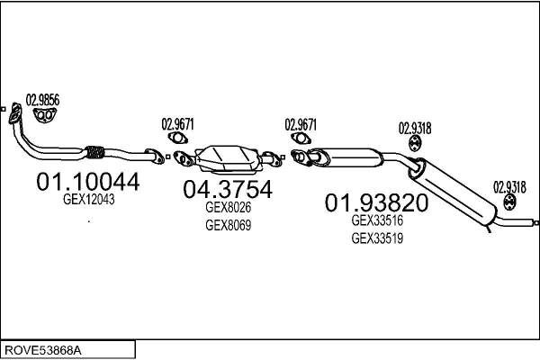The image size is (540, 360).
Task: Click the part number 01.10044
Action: click(x=88, y=182)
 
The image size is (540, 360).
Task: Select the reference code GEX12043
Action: click(x=89, y=200)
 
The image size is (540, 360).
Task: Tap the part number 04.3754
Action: click(x=228, y=189)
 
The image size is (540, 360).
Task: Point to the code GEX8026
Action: click(x=228, y=207)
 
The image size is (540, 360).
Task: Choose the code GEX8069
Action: click(x=228, y=225)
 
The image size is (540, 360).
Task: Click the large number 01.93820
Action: click(x=376, y=202)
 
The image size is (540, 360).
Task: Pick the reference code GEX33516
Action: click(x=377, y=220)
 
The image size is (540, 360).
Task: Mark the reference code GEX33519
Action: click(x=377, y=238)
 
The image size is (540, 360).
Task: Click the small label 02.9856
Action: click(x=42, y=100)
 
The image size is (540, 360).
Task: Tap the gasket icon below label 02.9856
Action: click(x=44, y=115)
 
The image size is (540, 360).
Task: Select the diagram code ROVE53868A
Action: click(x=43, y=350)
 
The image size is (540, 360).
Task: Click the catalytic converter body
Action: click(x=228, y=158)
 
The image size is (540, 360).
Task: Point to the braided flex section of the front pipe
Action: click(x=94, y=152)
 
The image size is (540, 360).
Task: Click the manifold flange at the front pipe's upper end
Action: click(x=14, y=113)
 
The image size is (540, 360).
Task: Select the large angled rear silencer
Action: click(x=453, y=191)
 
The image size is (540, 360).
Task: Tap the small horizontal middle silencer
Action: click(x=352, y=157)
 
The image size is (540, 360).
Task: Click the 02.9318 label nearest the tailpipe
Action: click(x=509, y=188)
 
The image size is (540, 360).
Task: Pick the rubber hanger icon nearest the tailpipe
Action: click(x=509, y=202)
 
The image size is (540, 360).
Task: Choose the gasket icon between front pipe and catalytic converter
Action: click(x=177, y=138)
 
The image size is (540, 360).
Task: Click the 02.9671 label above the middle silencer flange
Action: click(x=301, y=125)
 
